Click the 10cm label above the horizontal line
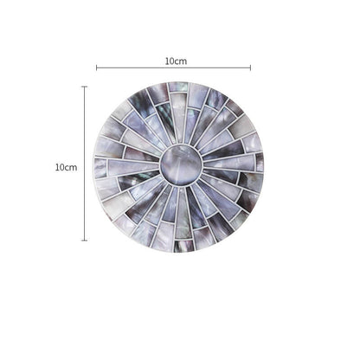click(x=176, y=61)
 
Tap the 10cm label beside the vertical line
click(x=67, y=167)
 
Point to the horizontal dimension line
click(x=173, y=68)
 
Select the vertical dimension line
click(x=85, y=164)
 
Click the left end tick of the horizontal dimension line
click(x=96, y=68)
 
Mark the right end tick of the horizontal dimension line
click(x=250, y=68)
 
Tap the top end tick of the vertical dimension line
click(x=85, y=87)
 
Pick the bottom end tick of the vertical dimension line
click(x=85, y=240)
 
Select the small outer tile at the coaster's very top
click(x=178, y=87)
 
